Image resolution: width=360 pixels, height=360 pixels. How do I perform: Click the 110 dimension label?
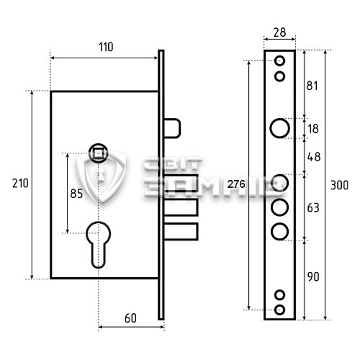point(106,47)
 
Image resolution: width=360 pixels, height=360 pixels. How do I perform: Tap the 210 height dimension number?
point(20,184)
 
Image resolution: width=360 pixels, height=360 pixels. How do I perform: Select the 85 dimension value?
point(76,194)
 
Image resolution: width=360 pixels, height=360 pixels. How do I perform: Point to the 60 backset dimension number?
point(130,318)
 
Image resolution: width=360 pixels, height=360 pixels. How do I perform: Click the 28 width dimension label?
point(279,32)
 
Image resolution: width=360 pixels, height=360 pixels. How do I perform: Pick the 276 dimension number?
point(236,184)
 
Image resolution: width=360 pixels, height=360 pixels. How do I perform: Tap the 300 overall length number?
point(339,185)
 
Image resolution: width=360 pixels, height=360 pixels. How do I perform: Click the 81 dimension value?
point(312,86)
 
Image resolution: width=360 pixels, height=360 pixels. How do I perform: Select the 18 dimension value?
point(313,129)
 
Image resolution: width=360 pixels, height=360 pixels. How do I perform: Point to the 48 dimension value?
point(314,157)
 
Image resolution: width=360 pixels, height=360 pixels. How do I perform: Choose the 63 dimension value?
point(313,208)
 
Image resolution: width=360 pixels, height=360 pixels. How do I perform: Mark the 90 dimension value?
point(313,276)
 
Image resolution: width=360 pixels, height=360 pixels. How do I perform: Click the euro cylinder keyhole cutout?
point(99,245)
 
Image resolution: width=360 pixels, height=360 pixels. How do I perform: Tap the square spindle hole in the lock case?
point(99,153)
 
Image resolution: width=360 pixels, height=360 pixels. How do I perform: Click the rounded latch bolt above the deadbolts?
point(172,128)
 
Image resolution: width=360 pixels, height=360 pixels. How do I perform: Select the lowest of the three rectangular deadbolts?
point(181,232)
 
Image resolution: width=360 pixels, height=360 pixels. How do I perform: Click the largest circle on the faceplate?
point(279,128)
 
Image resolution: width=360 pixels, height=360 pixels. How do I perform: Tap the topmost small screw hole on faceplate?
point(279,60)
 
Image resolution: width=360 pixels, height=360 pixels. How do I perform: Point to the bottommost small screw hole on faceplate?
point(279,310)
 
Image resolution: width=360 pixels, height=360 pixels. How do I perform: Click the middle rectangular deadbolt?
point(181,207)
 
